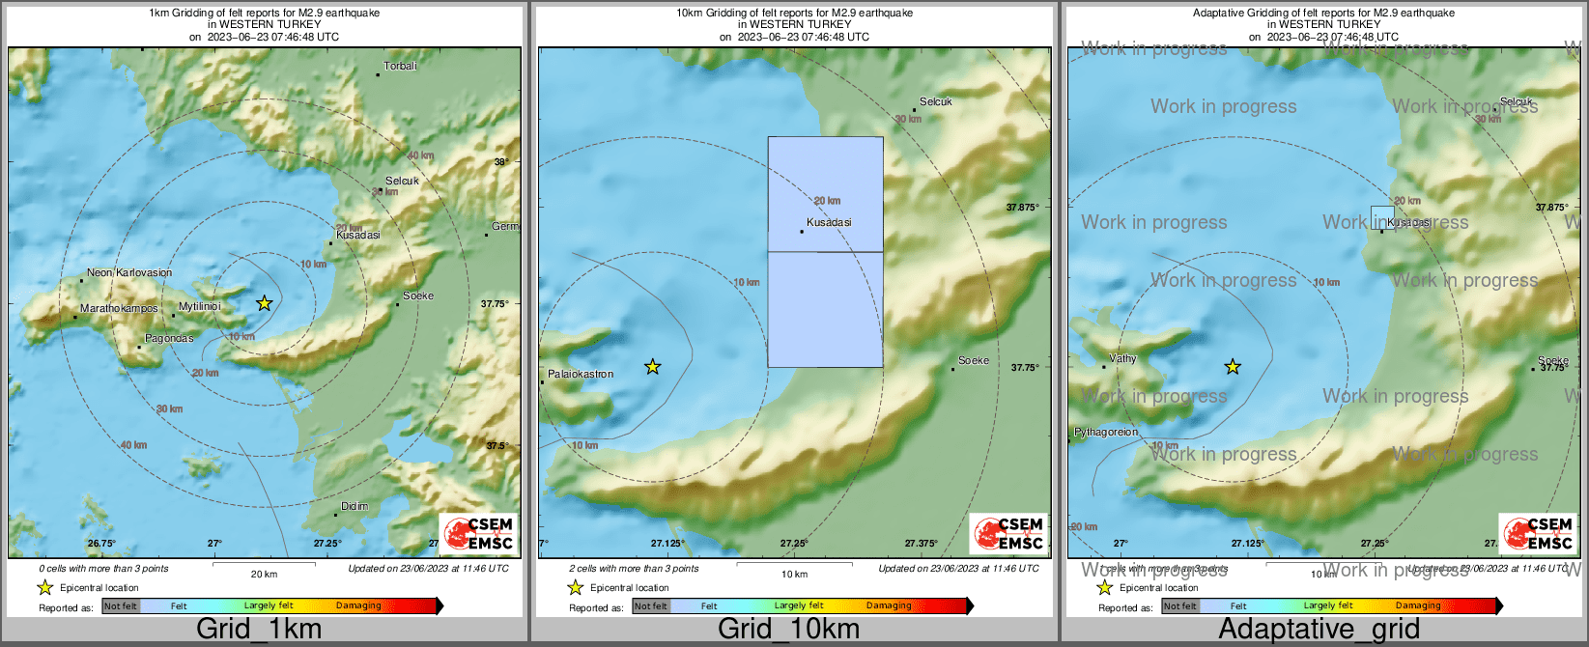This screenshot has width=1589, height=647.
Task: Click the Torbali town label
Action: click(x=400, y=67)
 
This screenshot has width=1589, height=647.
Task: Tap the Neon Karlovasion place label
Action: click(x=128, y=273)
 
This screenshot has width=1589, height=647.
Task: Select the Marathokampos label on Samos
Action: click(x=119, y=309)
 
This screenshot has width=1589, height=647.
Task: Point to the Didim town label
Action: click(x=355, y=507)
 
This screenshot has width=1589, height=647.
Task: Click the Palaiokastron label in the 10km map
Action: click(x=581, y=375)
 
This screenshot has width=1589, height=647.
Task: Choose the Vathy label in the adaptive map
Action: click(x=1122, y=359)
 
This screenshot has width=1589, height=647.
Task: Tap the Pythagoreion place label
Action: click(x=1106, y=433)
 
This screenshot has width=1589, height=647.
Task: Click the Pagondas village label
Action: click(x=169, y=339)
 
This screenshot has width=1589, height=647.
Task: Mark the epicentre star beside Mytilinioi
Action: click(x=265, y=303)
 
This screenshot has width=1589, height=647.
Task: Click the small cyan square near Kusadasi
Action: click(x=1382, y=216)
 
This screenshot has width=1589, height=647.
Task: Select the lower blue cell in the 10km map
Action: click(x=825, y=309)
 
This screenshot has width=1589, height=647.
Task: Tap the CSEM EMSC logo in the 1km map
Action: click(x=478, y=534)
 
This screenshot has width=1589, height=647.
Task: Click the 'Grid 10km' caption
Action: click(x=788, y=630)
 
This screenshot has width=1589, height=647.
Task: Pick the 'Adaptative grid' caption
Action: click(x=1319, y=630)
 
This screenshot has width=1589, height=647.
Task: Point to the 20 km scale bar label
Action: click(x=264, y=575)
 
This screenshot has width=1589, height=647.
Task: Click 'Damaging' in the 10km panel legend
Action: click(x=889, y=606)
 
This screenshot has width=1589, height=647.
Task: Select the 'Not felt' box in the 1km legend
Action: click(x=121, y=606)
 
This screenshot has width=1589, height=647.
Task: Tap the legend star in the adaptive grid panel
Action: click(x=1104, y=587)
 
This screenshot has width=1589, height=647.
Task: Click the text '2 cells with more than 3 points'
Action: click(x=634, y=569)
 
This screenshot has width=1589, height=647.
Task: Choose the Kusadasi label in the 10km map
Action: click(x=829, y=223)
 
